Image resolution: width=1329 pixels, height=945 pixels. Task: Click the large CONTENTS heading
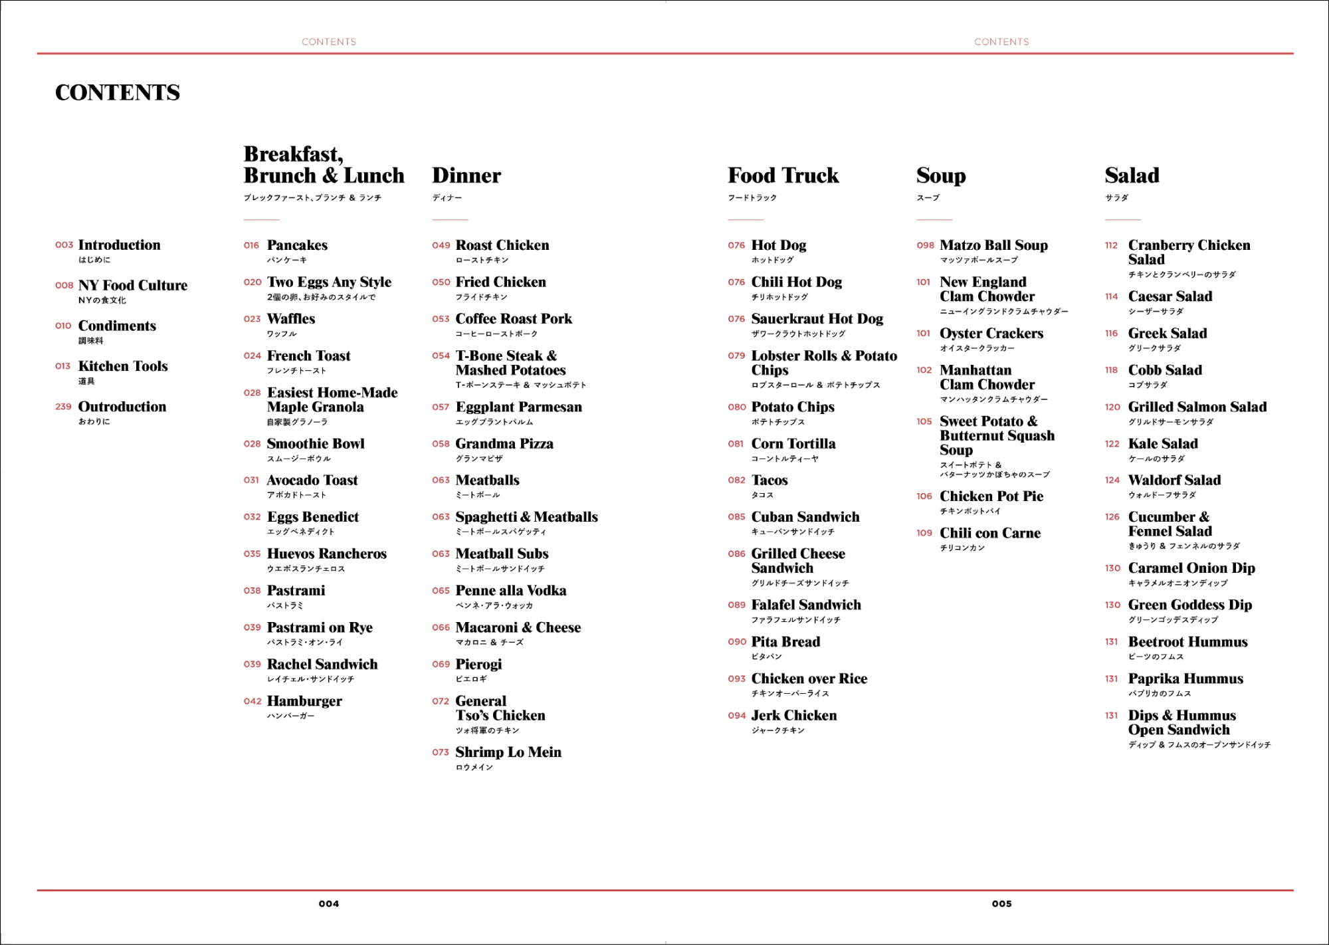click(x=118, y=92)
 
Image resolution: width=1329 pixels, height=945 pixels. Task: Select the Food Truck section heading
click(x=783, y=175)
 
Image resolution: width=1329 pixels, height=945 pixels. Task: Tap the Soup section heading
click(x=940, y=175)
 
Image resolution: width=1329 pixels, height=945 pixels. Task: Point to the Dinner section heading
click(x=466, y=175)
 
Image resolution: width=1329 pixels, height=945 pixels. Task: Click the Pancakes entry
click(x=297, y=245)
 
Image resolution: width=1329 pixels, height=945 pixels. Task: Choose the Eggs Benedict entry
click(x=312, y=517)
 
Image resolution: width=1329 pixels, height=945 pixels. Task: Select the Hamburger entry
click(x=304, y=701)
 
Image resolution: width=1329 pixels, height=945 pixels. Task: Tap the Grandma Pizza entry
click(x=504, y=443)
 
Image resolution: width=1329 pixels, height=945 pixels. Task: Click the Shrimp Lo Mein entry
click(x=508, y=752)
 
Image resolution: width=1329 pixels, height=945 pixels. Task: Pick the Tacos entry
click(x=769, y=480)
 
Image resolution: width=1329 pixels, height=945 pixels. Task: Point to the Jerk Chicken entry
click(x=794, y=716)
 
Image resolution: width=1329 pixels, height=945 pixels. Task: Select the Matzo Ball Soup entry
click(x=993, y=245)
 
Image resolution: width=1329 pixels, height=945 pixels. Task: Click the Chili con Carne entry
click(x=990, y=533)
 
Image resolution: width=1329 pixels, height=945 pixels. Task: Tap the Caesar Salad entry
click(x=1170, y=296)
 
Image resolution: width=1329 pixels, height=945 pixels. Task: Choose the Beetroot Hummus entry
click(x=1187, y=642)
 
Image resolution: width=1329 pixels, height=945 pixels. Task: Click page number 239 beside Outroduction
click(x=63, y=407)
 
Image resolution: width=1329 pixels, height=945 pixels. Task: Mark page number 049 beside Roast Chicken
click(x=441, y=246)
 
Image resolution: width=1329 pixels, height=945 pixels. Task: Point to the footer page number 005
click(x=1001, y=904)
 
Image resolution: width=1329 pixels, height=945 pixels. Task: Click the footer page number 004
click(x=328, y=904)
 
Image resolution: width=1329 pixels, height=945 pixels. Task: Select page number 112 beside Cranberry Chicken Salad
click(x=1111, y=246)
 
